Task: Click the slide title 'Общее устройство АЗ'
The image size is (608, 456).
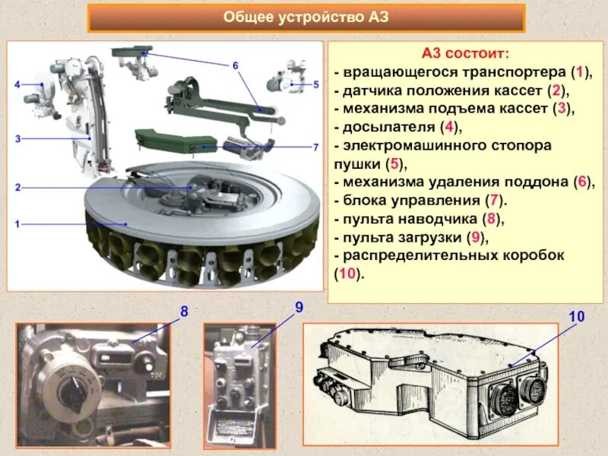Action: pyautogui.click(x=306, y=17)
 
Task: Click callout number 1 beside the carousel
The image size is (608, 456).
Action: pyautogui.click(x=17, y=225)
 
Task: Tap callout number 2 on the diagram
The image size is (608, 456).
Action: pyautogui.click(x=17, y=186)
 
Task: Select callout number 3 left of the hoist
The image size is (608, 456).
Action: pyautogui.click(x=17, y=139)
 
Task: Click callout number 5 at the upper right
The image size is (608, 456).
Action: pyautogui.click(x=316, y=85)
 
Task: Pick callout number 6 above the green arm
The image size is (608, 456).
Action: pyautogui.click(x=236, y=66)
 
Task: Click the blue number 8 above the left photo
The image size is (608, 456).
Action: pyautogui.click(x=184, y=312)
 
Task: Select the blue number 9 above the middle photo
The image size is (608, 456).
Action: pyautogui.click(x=299, y=307)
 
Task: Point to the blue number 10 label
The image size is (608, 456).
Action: pyautogui.click(x=577, y=315)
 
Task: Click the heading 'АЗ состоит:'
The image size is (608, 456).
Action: pyautogui.click(x=466, y=54)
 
